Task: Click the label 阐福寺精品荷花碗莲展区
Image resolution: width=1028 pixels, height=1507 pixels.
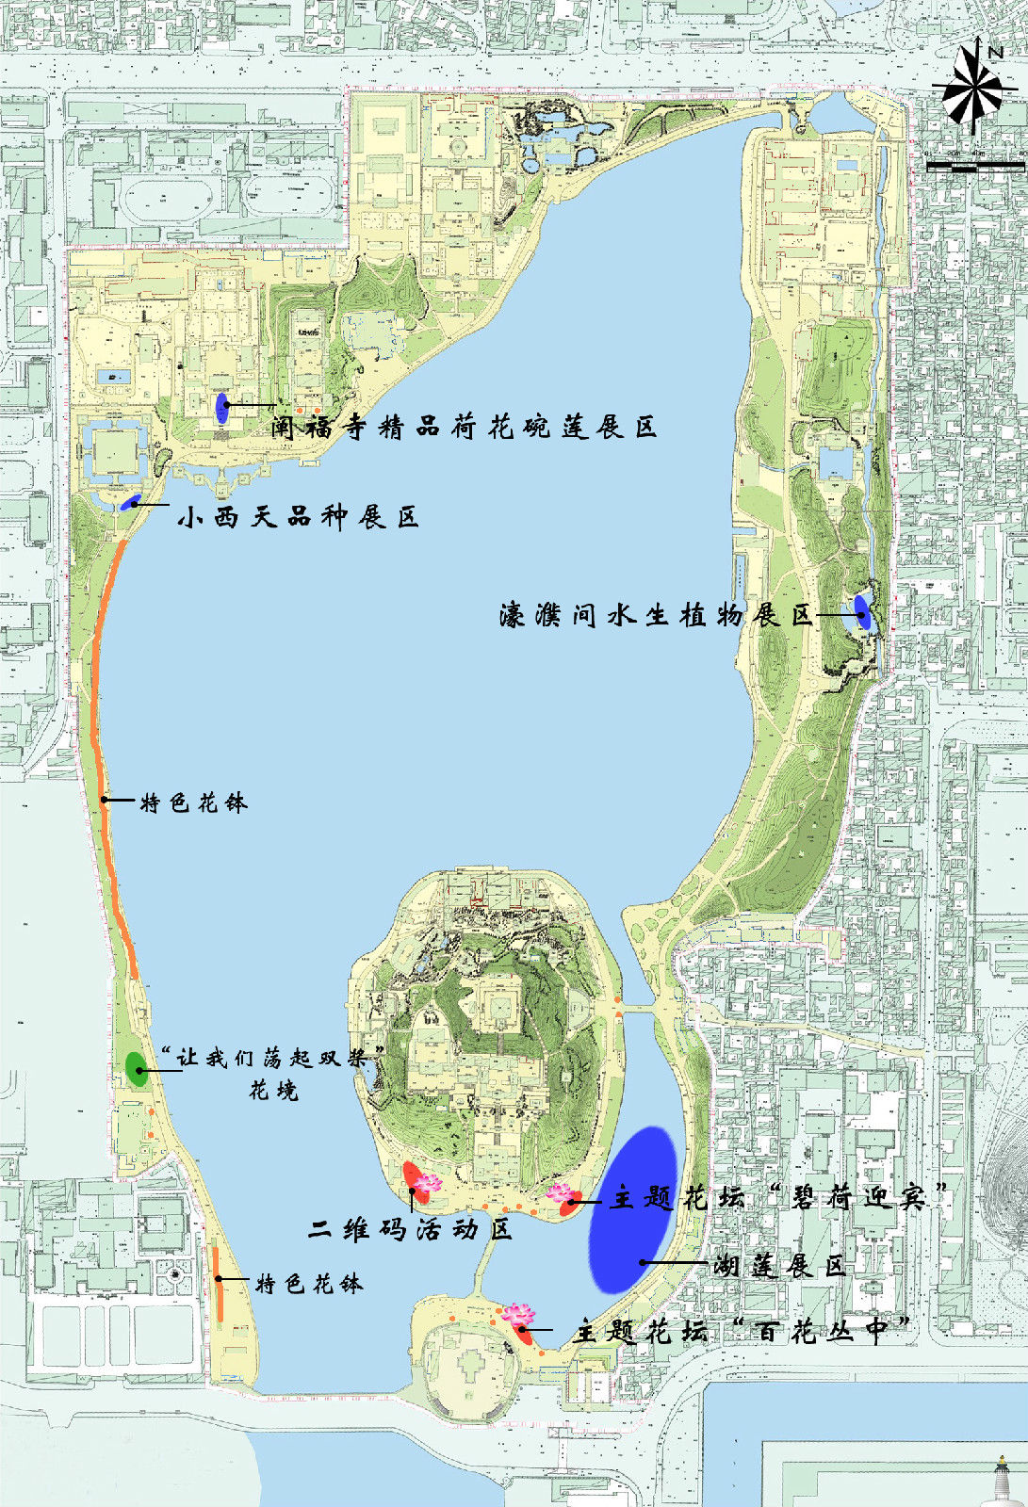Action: pyautogui.click(x=464, y=428)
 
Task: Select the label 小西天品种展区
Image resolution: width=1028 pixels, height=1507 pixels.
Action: pyautogui.click(x=298, y=516)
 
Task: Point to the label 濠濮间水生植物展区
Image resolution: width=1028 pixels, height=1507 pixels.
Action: pyautogui.click(x=656, y=616)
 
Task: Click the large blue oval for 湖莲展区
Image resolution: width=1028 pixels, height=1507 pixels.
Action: pyautogui.click(x=633, y=1208)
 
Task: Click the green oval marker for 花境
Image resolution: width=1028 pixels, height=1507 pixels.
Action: pyautogui.click(x=137, y=1068)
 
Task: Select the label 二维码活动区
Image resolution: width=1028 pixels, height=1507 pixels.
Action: pyautogui.click(x=411, y=1229)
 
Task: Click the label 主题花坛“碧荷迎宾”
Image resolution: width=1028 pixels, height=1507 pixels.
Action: pyautogui.click(x=778, y=1197)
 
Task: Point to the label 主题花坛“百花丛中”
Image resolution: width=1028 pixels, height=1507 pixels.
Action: pyautogui.click(x=744, y=1331)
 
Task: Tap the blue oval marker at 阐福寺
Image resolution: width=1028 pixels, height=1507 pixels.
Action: pyautogui.click(x=222, y=407)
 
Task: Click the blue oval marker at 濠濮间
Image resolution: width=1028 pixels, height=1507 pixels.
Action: pyautogui.click(x=862, y=612)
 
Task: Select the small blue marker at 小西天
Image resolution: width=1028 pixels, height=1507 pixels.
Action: pyautogui.click(x=130, y=501)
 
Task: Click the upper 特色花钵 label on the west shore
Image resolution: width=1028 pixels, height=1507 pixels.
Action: pyautogui.click(x=194, y=802)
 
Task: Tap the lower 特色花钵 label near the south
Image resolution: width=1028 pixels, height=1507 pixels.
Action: pyautogui.click(x=309, y=1284)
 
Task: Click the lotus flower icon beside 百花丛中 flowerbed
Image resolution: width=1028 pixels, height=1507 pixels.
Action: pyautogui.click(x=517, y=1313)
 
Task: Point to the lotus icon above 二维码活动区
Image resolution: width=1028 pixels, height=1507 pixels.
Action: pyautogui.click(x=428, y=1182)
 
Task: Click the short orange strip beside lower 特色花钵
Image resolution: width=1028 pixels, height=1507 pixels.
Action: pyautogui.click(x=218, y=1284)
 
